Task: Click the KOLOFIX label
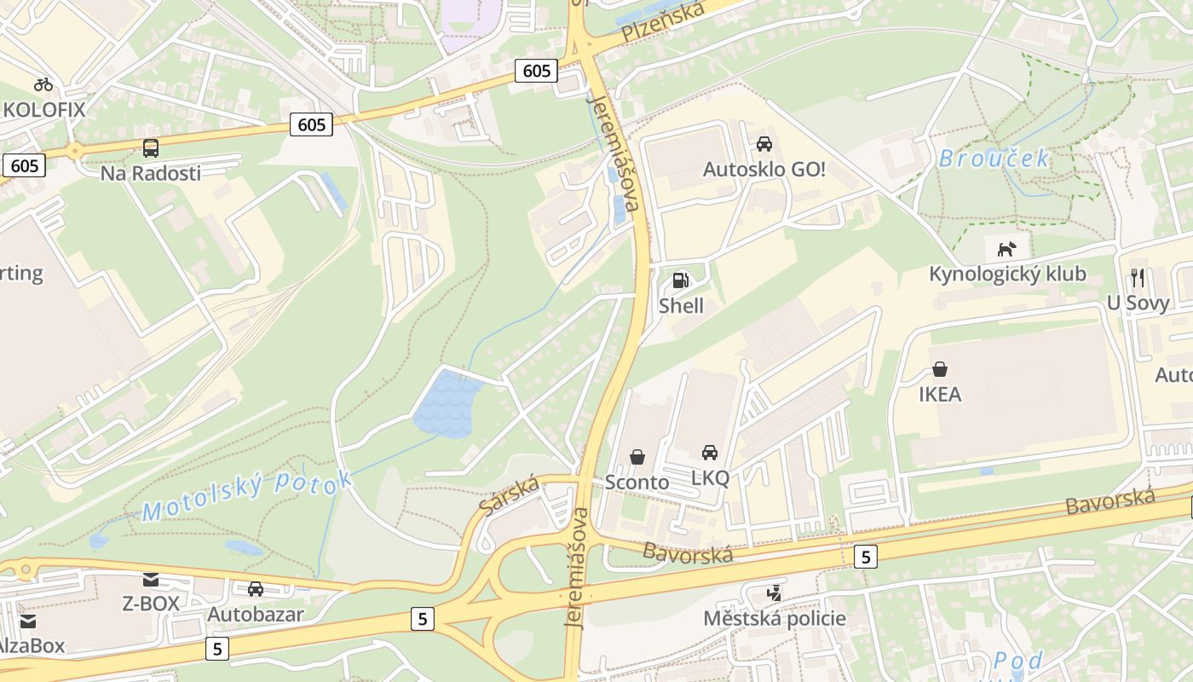[44, 109]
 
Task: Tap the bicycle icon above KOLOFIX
[43, 84]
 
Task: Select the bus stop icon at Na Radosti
[151, 147]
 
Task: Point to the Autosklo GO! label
[764, 169]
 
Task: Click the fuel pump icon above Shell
[681, 280]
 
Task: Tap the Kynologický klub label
[1007, 274]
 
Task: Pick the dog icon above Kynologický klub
[1007, 249]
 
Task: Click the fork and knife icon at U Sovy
[1138, 277]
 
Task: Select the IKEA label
[940, 394]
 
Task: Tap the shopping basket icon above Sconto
[637, 457]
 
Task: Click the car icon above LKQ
[710, 452]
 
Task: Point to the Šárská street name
[510, 494]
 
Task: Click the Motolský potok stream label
[247, 494]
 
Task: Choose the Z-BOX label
[151, 604]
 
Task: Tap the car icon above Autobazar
[256, 588]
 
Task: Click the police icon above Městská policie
[774, 592]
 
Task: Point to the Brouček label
[994, 159]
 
